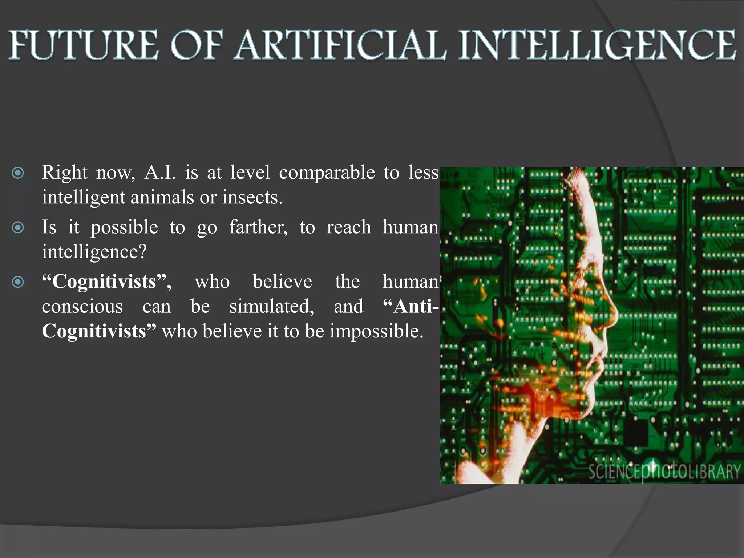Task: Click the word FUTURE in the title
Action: (84, 45)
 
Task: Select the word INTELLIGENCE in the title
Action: (598, 45)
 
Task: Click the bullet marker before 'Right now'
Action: (18, 173)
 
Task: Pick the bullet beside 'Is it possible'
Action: (18, 228)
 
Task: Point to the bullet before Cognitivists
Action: (18, 282)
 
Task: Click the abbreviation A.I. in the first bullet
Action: (160, 172)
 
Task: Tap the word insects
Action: (252, 198)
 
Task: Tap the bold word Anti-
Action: (411, 307)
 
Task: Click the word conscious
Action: (82, 307)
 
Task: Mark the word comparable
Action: (327, 172)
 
